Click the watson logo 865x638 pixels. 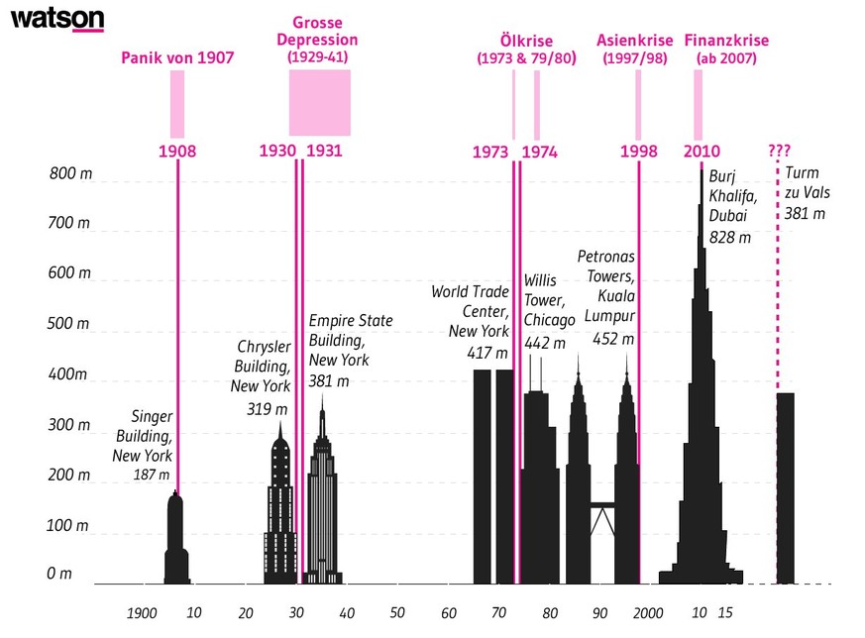(x=57, y=19)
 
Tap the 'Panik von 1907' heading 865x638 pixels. (x=177, y=57)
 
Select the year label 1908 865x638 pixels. (x=177, y=152)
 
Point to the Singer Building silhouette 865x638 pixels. (x=176, y=540)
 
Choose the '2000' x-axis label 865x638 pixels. (x=650, y=613)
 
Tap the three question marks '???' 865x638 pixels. (x=779, y=152)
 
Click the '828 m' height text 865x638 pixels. (x=729, y=238)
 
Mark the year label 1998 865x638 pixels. (x=639, y=152)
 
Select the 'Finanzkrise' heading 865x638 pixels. (x=726, y=41)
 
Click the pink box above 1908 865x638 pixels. (x=177, y=104)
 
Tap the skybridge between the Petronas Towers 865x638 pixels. (x=600, y=506)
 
